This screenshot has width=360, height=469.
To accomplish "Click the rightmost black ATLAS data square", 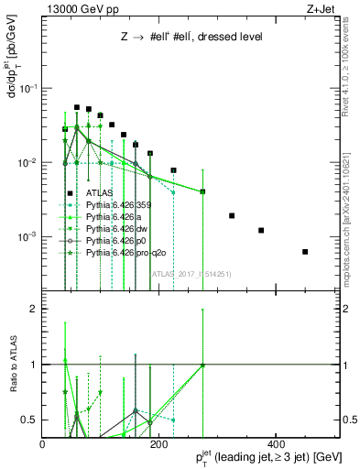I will point(305,251).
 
